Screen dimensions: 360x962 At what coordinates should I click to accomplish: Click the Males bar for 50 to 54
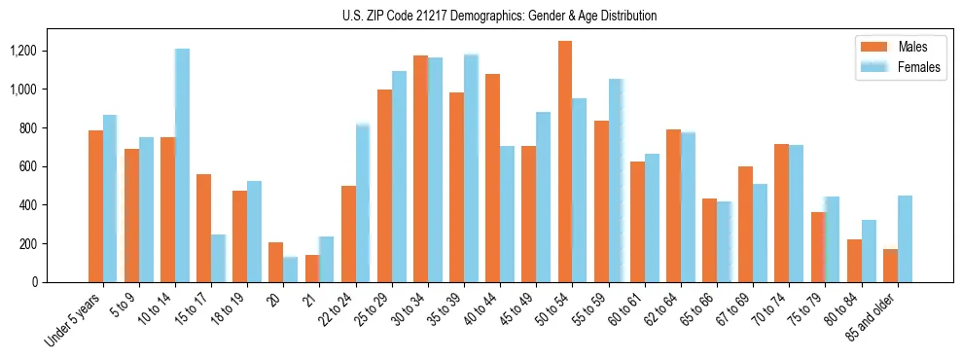(565, 162)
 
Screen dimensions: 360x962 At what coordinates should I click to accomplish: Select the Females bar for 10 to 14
(182, 165)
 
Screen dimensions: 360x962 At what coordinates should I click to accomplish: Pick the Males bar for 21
(312, 269)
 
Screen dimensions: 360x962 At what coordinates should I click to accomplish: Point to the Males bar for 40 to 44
(492, 178)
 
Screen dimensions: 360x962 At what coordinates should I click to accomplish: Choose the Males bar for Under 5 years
(95, 206)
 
